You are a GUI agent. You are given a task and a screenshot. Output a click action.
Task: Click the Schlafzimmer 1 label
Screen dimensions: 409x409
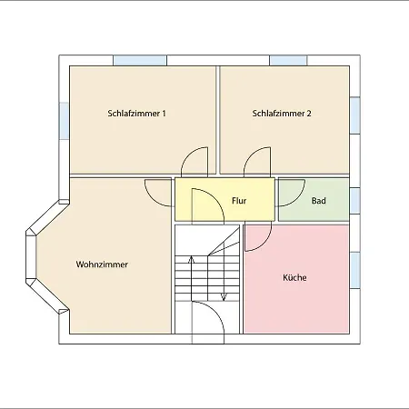coord(136,114)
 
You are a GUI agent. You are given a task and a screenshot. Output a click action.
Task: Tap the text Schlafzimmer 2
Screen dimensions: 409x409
coord(282,114)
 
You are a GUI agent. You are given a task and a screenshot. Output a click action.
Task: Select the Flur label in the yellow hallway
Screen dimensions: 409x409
coord(239,201)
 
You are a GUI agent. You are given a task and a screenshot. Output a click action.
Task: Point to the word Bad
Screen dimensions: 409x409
coord(319,201)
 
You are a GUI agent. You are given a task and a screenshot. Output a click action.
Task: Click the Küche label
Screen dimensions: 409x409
coord(294,277)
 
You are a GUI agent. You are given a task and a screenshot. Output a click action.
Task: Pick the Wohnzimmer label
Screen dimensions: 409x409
coord(102,264)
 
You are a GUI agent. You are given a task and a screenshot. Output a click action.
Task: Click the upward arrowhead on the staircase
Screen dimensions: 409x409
coord(191,259)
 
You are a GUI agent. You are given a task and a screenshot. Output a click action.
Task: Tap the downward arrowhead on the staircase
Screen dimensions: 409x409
coord(224,297)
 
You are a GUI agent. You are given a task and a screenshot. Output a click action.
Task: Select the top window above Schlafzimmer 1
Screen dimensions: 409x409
coord(140,60)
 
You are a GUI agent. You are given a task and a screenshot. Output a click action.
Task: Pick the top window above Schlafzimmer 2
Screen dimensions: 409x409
coord(288,60)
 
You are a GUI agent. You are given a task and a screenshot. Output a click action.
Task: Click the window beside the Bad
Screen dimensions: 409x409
coord(355,201)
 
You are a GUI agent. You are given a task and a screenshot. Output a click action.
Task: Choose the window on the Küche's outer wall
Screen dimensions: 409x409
coord(355,270)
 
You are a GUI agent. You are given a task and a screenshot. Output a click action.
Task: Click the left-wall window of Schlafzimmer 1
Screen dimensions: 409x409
coord(64,121)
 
